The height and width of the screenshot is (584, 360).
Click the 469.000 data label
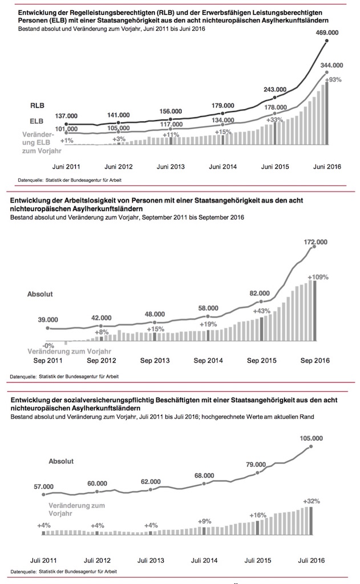(x=327, y=34)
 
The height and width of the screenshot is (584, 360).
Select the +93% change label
(x=333, y=80)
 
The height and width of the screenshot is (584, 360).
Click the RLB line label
(x=38, y=106)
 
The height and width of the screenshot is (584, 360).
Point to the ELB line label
(x=38, y=121)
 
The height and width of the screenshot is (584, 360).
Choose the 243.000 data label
(x=277, y=89)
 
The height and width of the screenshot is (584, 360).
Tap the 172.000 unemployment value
(x=314, y=242)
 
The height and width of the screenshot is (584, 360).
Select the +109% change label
(x=318, y=277)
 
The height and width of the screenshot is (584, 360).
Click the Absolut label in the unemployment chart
(x=41, y=295)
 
